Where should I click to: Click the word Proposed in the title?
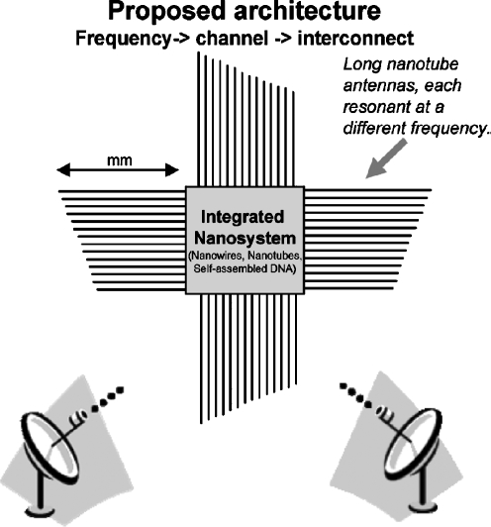[166, 13]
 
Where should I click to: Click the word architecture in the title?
[307, 11]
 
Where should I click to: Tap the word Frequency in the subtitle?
[124, 39]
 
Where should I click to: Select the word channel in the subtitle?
[232, 39]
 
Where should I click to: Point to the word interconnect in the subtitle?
[355, 39]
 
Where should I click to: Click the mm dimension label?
[119, 160]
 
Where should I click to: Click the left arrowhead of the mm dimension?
[63, 169]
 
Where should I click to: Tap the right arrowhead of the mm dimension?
[172, 170]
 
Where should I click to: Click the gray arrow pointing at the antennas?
[386, 158]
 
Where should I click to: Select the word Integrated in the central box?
[243, 218]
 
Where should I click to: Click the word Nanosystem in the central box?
[245, 239]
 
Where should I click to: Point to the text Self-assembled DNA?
[245, 269]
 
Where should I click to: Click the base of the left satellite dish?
[41, 511]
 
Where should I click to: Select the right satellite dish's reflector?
[412, 444]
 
